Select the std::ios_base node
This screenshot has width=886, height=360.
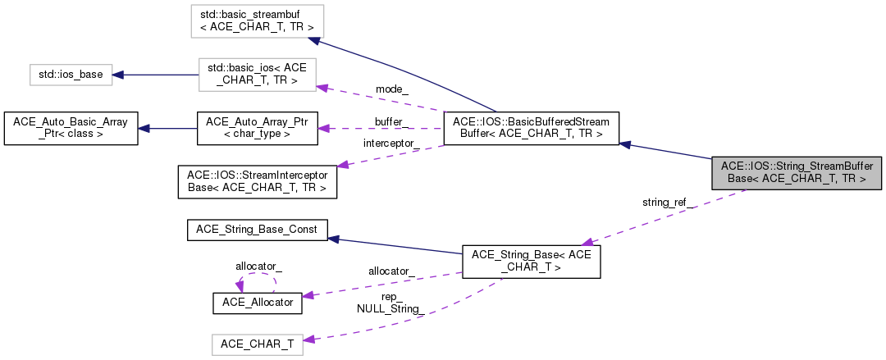click(71, 75)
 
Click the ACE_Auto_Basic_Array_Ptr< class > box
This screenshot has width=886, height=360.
click(71, 128)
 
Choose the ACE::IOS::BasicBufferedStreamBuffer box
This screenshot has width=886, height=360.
click(529, 128)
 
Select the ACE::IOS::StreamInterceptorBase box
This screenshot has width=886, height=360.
click(258, 181)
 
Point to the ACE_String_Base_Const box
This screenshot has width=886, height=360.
click(258, 230)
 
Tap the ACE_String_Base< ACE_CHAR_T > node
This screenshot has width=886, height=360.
click(532, 262)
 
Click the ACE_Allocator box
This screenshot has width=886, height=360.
click(258, 302)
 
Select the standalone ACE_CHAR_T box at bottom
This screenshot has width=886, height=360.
click(258, 345)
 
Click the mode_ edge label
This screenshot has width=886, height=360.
click(390, 89)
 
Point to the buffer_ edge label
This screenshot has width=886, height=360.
click(391, 121)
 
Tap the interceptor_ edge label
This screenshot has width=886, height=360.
click(391, 143)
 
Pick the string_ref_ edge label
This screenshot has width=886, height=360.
click(668, 202)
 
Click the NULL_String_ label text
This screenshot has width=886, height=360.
click(389, 309)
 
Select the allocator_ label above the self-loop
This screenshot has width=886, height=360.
click(258, 267)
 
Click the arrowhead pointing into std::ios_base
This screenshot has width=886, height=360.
click(117, 75)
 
